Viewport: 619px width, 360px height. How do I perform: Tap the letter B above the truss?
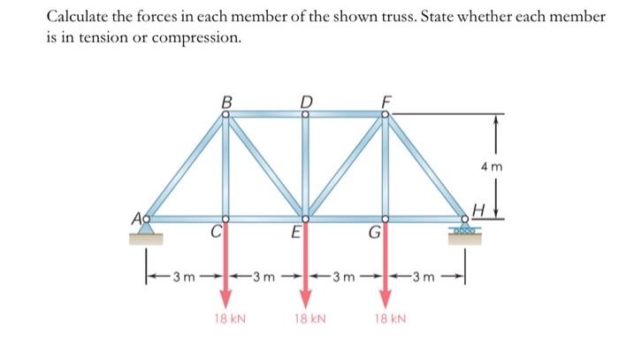(225, 101)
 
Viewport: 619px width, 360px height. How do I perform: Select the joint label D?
(306, 100)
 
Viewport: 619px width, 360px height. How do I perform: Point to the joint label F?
(385, 101)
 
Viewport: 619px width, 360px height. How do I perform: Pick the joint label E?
(295, 235)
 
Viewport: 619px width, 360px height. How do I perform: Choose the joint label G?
(375, 235)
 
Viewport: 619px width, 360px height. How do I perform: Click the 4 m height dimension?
(516, 165)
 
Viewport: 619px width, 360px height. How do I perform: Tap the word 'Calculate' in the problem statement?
(80, 17)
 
